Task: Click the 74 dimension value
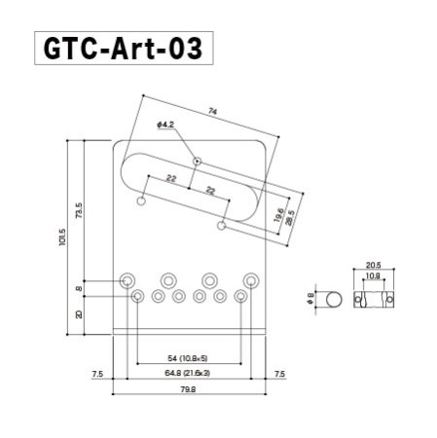(213, 112)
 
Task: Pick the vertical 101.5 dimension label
(62, 238)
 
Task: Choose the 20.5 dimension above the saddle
(373, 264)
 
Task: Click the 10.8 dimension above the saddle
(373, 276)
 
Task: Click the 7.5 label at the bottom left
(97, 374)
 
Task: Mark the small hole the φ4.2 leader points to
(197, 160)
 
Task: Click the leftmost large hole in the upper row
(127, 280)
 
